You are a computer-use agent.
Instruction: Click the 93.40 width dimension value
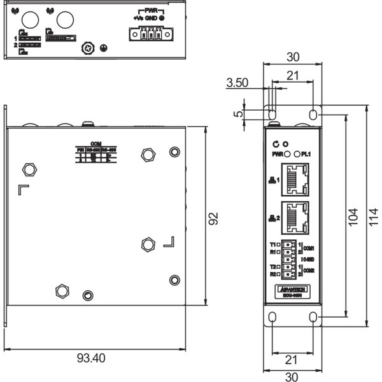pos(90,358)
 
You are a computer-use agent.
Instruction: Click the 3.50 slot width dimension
pos(236,83)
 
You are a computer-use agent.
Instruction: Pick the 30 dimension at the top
pos(292,57)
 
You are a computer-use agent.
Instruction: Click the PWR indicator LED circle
pos(287,154)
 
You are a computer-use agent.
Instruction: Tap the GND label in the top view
pos(150,19)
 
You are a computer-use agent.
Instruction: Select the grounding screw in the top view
pos(90,48)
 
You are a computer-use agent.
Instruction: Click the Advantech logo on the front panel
pos(293,289)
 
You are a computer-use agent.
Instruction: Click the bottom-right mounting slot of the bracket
pos(313,316)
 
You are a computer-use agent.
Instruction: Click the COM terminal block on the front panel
pos(289,259)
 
